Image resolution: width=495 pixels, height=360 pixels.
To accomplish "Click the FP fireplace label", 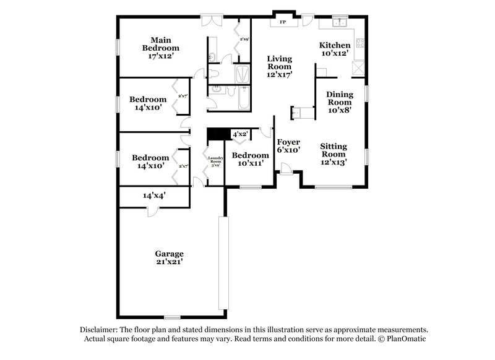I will click(x=282, y=22).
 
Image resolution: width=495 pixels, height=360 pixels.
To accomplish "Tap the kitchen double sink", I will click(x=339, y=24).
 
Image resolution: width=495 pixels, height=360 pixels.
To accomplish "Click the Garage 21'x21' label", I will click(x=169, y=257).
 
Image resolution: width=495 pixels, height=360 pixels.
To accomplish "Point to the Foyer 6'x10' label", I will click(x=288, y=146).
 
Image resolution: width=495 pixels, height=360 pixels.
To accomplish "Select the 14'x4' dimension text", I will click(x=154, y=195).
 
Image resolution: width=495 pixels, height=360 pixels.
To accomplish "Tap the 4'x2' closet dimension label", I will click(x=239, y=134).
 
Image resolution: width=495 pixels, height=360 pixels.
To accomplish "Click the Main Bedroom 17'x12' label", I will click(x=160, y=48).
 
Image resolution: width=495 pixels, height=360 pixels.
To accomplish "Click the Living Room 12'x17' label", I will click(x=279, y=66).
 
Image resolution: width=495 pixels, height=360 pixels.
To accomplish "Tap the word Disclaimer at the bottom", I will click(x=101, y=330).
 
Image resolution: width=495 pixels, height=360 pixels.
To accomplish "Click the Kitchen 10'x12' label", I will click(x=334, y=49).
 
